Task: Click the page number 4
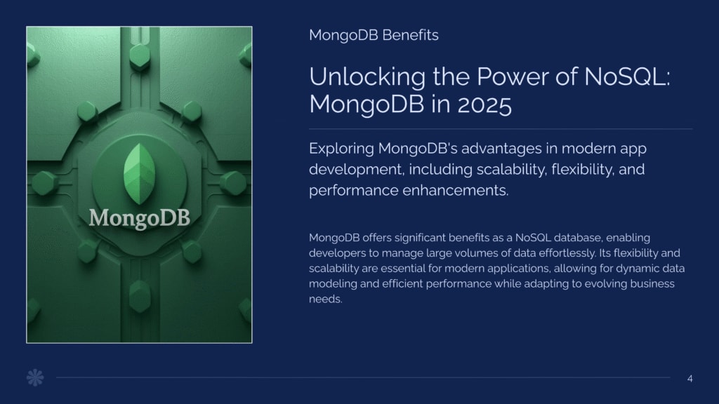pos(690,379)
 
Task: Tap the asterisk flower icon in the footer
pos(35,377)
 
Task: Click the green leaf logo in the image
pos(140,174)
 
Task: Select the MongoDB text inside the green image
pos(140,217)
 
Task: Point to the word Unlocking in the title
pos(367,77)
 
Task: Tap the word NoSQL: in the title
pos(627,76)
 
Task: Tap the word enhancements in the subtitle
pos(456,191)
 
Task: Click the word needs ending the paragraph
pos(326,299)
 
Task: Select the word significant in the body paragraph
pos(420,238)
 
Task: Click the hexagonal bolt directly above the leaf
pos(140,57)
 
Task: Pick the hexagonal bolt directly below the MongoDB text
pos(140,295)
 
